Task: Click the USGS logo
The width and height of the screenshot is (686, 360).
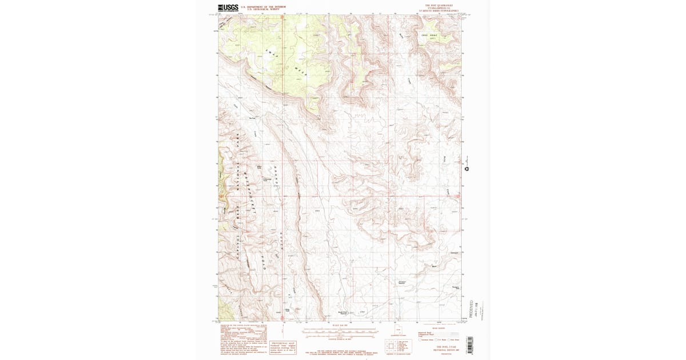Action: pyautogui.click(x=228, y=7)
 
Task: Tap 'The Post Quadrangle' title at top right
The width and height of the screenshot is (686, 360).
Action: pyautogui.click(x=438, y=5)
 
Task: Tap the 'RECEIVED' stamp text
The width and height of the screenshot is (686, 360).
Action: pyautogui.click(x=472, y=309)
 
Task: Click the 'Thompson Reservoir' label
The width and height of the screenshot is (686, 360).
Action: pyautogui.click(x=402, y=282)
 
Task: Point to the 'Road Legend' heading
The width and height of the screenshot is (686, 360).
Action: pyautogui.click(x=438, y=329)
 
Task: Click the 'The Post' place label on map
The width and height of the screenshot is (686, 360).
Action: pyautogui.click(x=252, y=119)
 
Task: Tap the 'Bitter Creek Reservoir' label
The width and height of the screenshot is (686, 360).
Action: pyautogui.click(x=343, y=312)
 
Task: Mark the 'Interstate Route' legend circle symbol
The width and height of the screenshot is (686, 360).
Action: pyautogui.click(x=420, y=340)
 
